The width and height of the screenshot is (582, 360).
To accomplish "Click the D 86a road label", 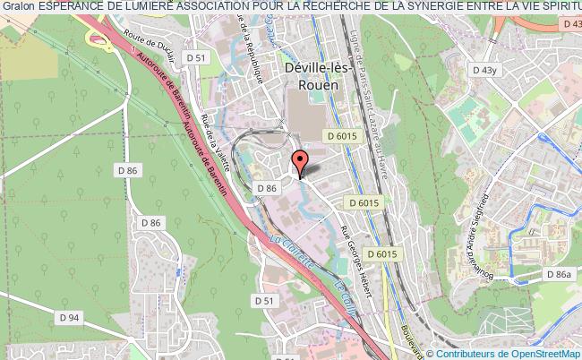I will pyautogui.click(x=561, y=275).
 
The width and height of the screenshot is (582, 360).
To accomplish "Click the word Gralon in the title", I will pyautogui.click(x=18, y=7).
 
